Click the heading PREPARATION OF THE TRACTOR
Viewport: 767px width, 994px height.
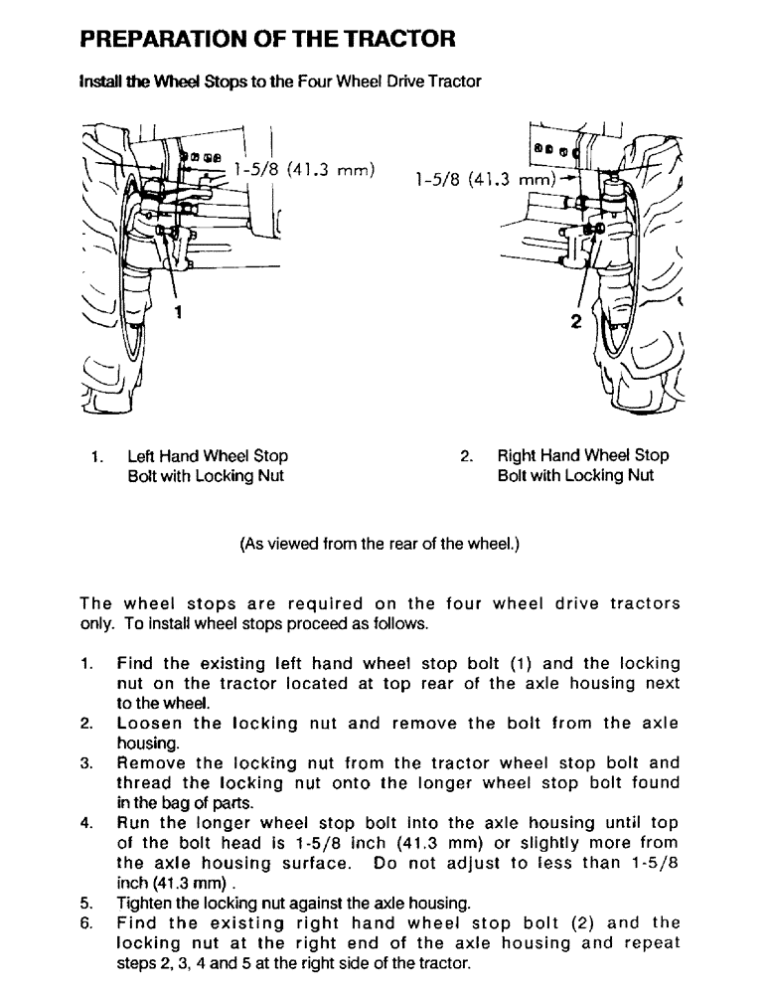(267, 40)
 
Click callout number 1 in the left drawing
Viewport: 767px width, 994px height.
(178, 312)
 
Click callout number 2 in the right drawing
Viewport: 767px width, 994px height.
(575, 320)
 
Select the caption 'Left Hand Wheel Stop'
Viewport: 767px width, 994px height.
(208, 456)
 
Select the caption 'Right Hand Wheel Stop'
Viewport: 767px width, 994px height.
(582, 456)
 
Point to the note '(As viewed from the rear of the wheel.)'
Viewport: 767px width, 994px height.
(381, 544)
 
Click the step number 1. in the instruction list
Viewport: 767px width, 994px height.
(86, 663)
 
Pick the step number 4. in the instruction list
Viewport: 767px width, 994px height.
(86, 823)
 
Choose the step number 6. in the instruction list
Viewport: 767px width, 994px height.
(86, 922)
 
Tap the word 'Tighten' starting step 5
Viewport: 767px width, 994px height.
(145, 903)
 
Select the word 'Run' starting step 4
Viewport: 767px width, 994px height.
(134, 823)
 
